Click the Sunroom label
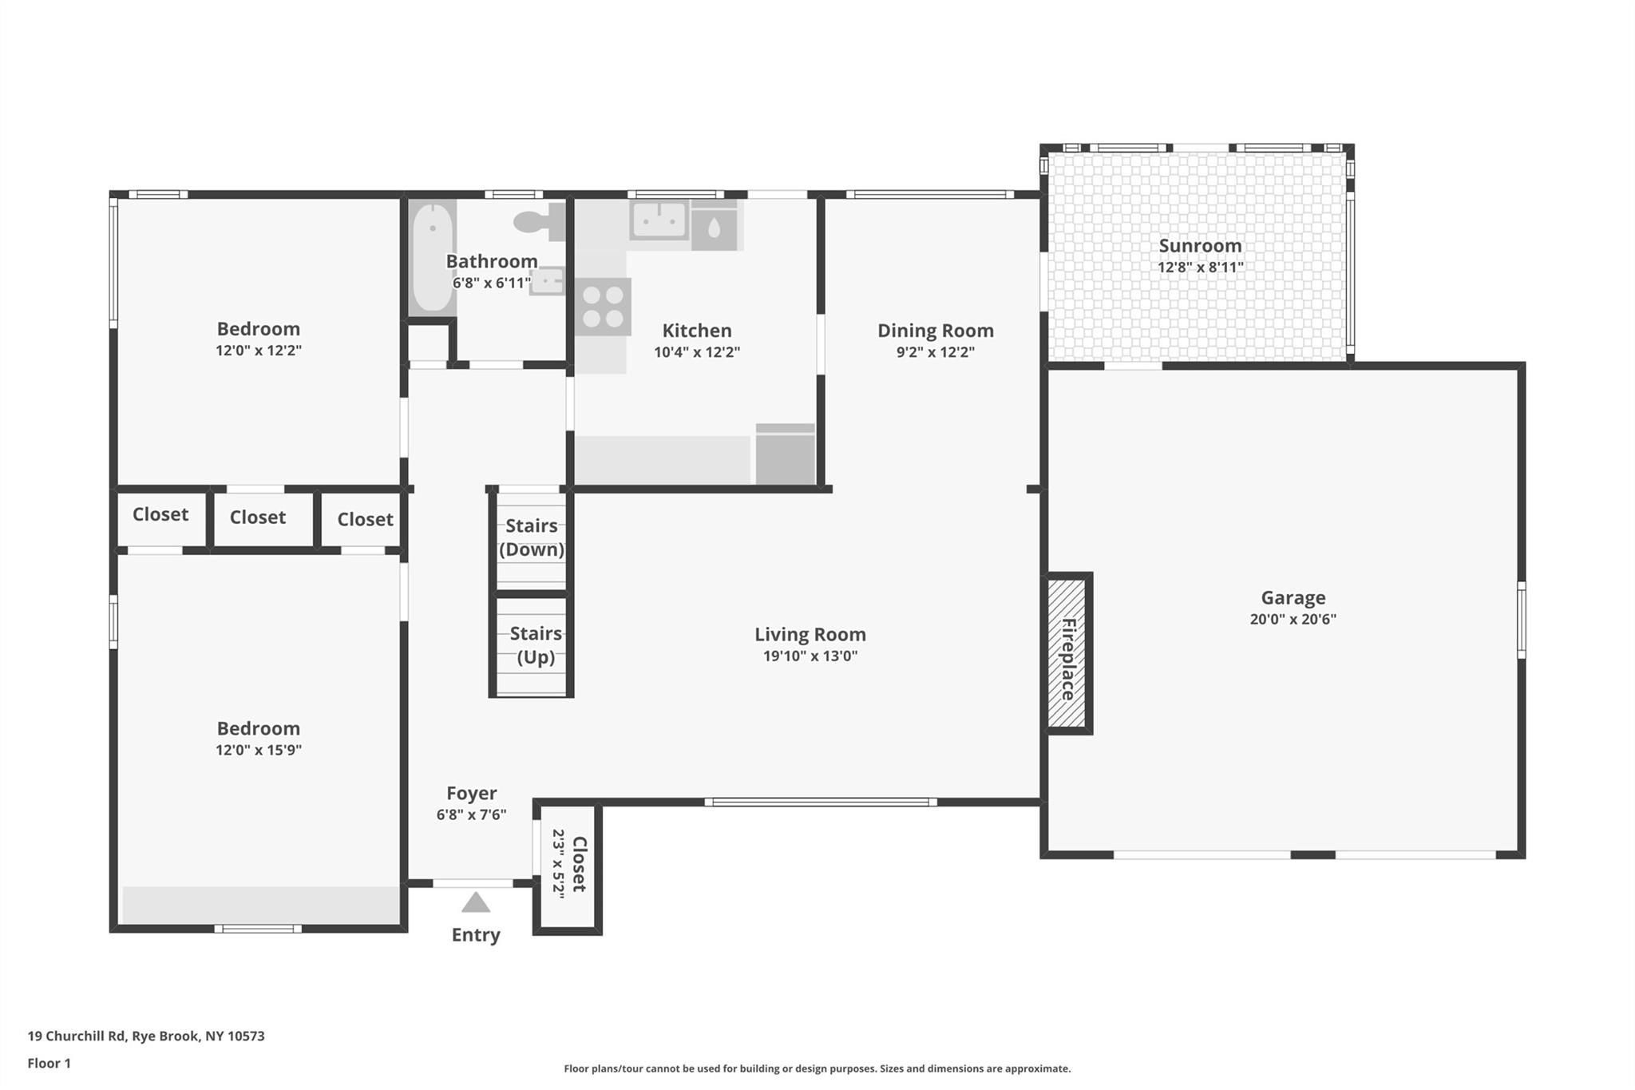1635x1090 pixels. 1200,246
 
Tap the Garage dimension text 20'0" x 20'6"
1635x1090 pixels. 1293,619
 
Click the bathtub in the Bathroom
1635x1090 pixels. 432,257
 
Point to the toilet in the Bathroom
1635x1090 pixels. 540,222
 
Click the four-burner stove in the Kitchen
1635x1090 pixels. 603,307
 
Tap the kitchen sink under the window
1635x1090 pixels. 659,220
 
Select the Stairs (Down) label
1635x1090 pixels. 532,537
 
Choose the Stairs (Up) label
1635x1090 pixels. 536,645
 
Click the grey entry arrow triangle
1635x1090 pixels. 476,903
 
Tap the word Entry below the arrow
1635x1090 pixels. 476,935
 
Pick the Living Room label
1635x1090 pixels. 810,635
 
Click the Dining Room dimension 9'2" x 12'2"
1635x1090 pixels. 936,352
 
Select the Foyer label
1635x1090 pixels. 471,793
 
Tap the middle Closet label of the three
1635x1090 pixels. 258,517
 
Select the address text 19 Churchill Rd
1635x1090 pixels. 77,1036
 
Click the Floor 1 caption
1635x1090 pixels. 49,1064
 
